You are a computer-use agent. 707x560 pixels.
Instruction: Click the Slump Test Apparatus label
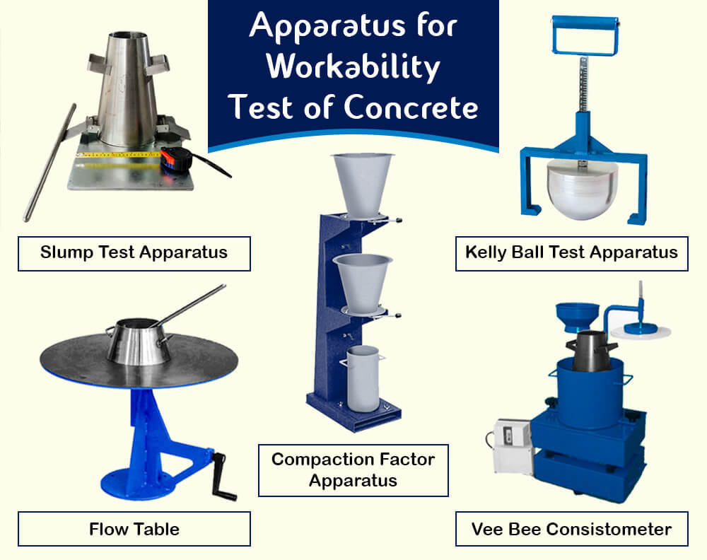134,252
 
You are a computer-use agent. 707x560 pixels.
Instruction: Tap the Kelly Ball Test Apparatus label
571,252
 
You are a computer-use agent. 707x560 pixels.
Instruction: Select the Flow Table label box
134,528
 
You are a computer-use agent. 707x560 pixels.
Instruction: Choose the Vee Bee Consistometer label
571,528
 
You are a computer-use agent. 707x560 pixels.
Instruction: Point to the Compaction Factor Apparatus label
353,469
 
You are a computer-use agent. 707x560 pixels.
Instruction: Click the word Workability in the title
353,67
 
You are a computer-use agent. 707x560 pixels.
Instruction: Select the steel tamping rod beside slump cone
49,163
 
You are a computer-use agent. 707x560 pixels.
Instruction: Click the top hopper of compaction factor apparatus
364,180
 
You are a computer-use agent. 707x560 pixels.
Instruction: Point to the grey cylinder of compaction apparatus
364,378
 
